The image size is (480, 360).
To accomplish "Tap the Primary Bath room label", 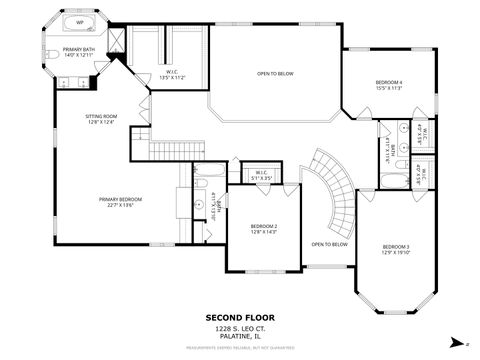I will pos(78,52).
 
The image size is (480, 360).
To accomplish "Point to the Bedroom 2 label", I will pos(264,229).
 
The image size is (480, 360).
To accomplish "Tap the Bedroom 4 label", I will pos(388,85).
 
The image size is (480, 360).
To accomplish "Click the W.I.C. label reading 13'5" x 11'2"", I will pos(172,74).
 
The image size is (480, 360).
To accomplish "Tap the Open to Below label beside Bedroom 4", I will pos(274,73).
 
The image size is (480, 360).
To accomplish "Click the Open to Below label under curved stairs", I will pos(329,244).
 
